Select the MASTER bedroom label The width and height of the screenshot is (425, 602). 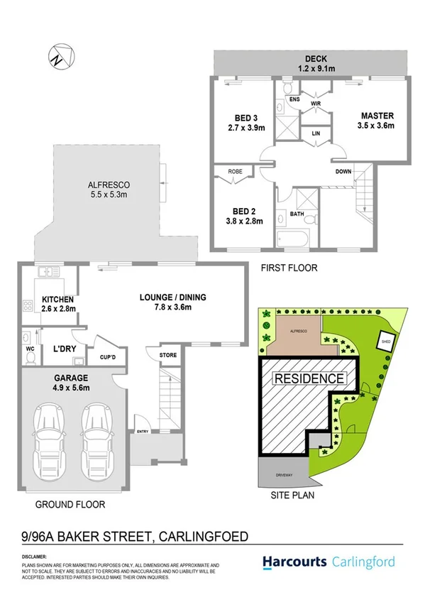point(377,121)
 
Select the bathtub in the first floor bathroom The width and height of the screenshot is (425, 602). point(292,239)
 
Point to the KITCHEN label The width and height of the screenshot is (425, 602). point(58,305)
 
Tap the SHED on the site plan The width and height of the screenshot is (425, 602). point(389,339)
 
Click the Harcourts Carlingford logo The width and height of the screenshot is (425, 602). point(334,562)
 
